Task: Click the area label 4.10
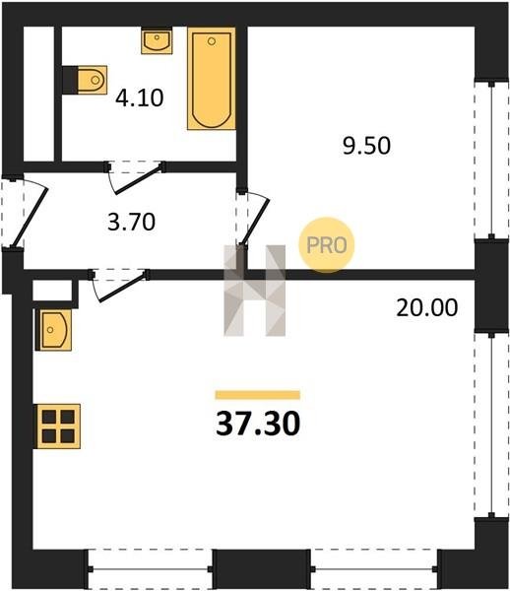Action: coord(140,98)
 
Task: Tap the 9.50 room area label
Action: coord(366,146)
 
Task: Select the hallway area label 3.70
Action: coord(131,222)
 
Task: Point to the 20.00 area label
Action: coord(427,307)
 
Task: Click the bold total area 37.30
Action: coord(258,424)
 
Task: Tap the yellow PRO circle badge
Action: coord(327,245)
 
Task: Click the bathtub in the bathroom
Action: coord(212,79)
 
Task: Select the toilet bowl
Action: coord(92,80)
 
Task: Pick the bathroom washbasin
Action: coord(157,40)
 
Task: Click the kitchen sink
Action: coord(53,330)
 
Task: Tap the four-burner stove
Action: coord(58,427)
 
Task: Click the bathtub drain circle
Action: coord(212,41)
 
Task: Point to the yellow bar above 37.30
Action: coord(258,395)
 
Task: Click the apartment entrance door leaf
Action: coord(30,218)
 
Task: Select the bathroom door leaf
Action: coord(140,180)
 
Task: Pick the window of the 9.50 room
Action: coord(491,160)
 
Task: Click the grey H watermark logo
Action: coord(255,291)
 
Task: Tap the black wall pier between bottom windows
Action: coord(262,569)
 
